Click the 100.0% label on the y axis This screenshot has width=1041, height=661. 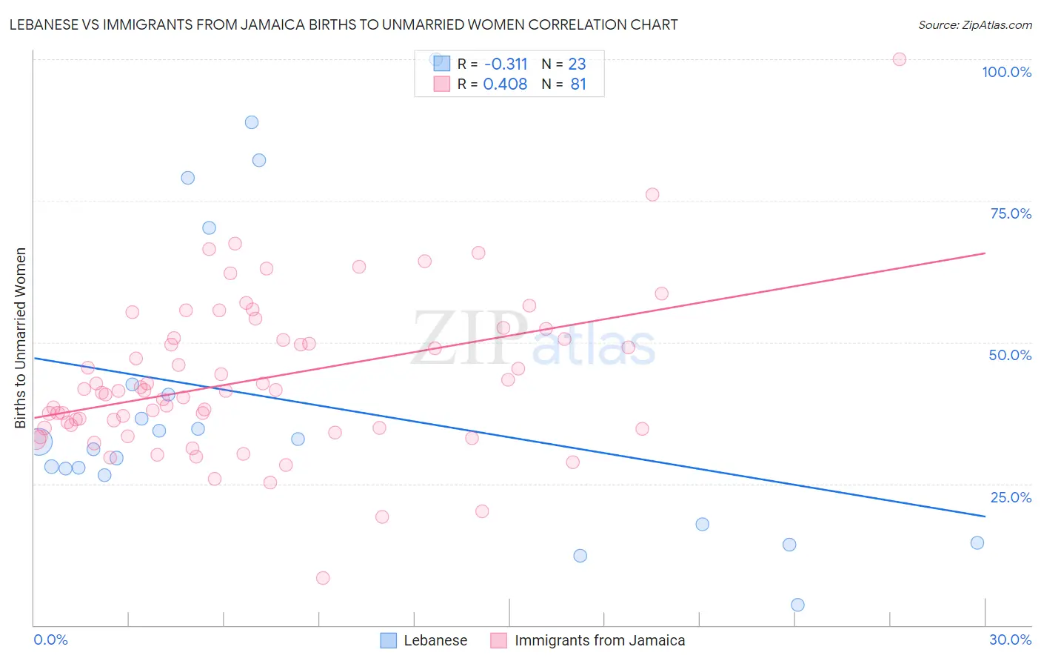coord(1006,72)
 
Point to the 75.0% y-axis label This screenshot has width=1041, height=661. coord(1011,213)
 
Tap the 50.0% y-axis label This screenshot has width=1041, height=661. coord(1010,355)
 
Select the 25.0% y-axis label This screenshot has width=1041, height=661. coord(1011,497)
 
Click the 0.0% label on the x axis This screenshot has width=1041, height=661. coord(50,640)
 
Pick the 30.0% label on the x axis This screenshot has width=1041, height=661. coord(1010,640)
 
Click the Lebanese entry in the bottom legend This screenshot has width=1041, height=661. coord(435,640)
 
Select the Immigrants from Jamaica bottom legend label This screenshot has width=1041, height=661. coord(600,640)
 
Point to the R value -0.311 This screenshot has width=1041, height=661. coord(505,64)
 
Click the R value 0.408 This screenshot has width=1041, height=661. coord(505,84)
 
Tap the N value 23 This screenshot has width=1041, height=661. coord(577,64)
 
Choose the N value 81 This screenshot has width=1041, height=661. coord(578,84)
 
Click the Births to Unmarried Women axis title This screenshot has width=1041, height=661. coord(20,338)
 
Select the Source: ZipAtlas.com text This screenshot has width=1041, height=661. coord(974,25)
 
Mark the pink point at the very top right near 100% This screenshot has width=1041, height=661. coord(899,59)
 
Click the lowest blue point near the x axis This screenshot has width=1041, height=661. coord(797,605)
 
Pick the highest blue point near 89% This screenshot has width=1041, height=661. coord(252,122)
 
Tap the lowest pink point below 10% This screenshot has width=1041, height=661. coord(323,578)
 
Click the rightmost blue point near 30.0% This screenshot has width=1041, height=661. coord(977,542)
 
